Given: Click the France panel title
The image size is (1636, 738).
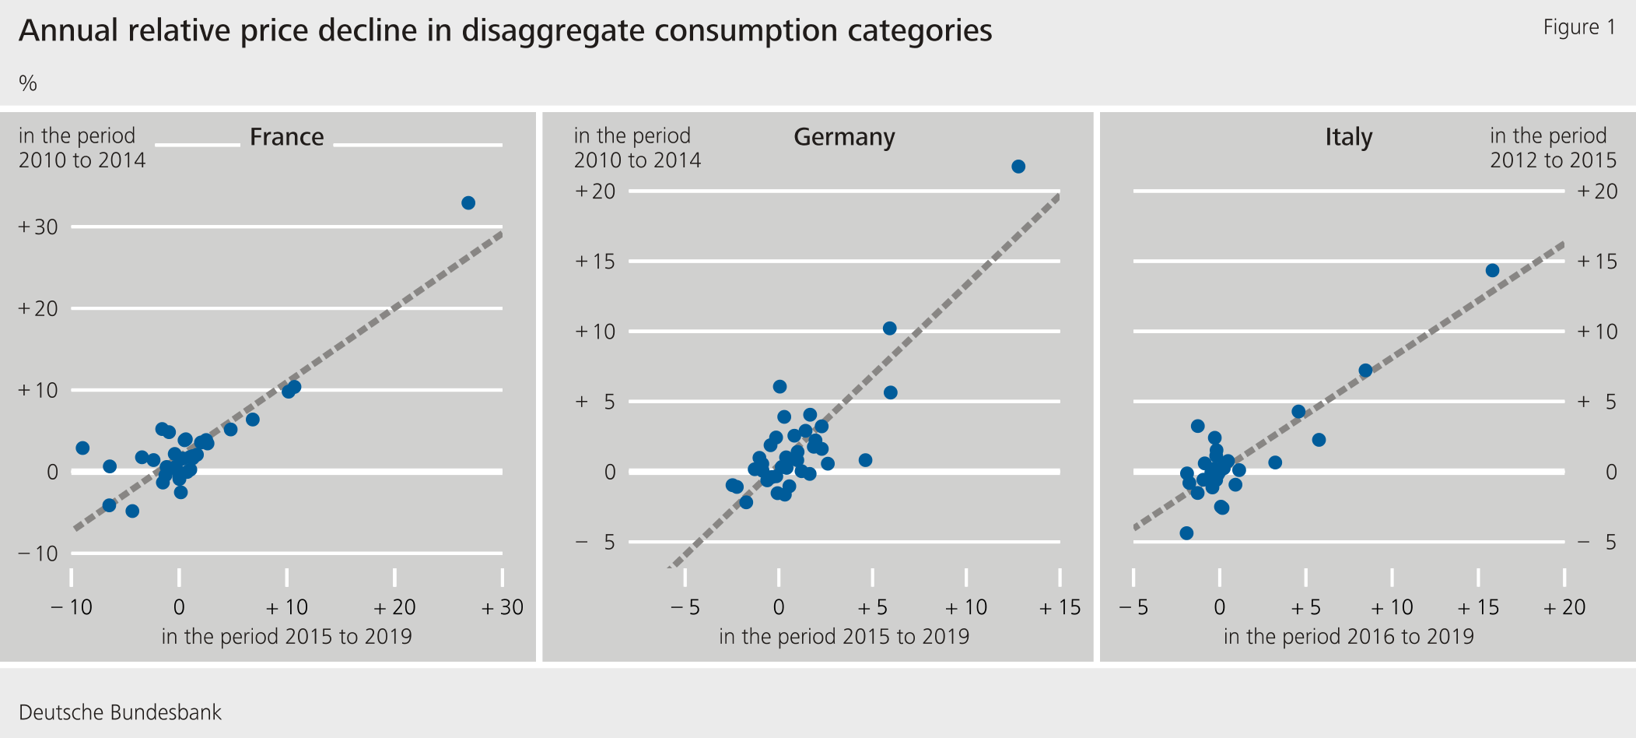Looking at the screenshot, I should click(286, 137).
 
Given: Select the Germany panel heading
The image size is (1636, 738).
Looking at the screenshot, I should click(844, 137).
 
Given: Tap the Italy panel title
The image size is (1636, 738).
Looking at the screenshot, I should click(1348, 137).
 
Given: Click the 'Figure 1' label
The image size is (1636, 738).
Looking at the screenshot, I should click(1579, 27).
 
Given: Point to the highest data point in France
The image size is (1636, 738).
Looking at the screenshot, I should click(468, 203).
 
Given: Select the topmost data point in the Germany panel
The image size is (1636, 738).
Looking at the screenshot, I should click(1018, 167).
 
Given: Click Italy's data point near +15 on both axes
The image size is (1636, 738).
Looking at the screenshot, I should click(1492, 271).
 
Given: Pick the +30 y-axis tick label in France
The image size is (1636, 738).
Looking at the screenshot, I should click(38, 227).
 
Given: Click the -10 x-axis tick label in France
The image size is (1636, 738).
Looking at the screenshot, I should click(72, 607).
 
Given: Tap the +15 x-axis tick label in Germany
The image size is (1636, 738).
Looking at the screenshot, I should click(1060, 607).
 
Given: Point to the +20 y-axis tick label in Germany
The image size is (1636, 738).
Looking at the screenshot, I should click(595, 192).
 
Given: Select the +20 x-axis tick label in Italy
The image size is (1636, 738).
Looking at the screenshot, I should click(1564, 607).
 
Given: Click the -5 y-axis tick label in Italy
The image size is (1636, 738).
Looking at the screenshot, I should click(1597, 542).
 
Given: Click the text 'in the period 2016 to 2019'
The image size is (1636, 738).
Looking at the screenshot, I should click(1348, 637).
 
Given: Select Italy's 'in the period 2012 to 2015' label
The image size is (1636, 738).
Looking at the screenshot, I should click(1553, 148).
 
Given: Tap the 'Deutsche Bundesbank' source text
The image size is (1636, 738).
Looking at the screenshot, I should click(120, 712).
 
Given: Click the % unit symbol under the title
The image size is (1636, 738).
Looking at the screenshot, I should click(28, 83).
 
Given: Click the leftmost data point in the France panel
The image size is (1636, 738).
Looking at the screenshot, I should click(82, 448).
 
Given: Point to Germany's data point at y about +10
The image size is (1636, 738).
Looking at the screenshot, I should click(889, 329).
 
